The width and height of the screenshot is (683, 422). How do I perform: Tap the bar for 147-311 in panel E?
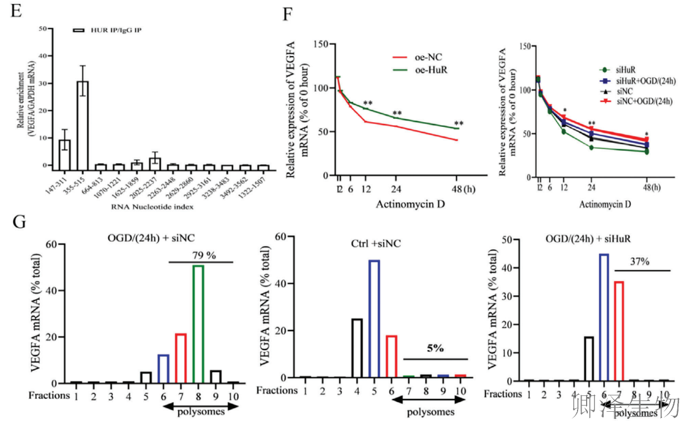click(x=65, y=152)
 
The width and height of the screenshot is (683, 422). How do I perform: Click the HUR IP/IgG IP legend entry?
click(x=108, y=29)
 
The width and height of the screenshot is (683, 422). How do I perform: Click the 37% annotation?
click(x=641, y=263)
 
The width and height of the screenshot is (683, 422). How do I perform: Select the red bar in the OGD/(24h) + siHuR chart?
click(x=619, y=331)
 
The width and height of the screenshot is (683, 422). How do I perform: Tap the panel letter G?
click(x=18, y=221)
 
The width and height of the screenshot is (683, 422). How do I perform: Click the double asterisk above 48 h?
click(x=459, y=124)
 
